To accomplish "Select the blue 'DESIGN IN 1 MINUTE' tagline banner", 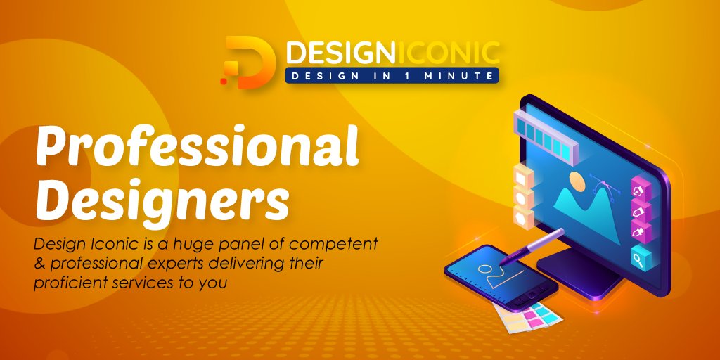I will tap(392, 75).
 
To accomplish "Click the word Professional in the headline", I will tap(198, 147).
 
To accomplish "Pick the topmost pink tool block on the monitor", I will tap(640, 189).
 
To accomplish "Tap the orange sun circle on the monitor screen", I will tap(577, 182).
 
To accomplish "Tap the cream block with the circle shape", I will tap(523, 215).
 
